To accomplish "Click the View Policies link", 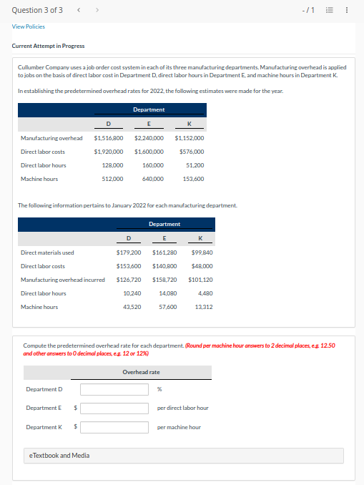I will click(x=29, y=26).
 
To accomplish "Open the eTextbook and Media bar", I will click(x=184, y=456).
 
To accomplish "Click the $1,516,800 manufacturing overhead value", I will click(x=109, y=138).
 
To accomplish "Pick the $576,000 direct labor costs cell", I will click(x=191, y=152).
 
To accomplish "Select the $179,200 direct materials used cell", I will click(x=129, y=253).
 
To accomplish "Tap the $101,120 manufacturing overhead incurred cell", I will click(x=200, y=280).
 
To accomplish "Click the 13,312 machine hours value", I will click(x=203, y=307).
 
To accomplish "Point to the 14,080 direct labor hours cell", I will click(x=167, y=293).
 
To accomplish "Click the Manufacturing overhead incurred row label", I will click(x=63, y=280).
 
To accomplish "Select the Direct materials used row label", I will click(x=47, y=253).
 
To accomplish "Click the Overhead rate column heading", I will click(x=141, y=372).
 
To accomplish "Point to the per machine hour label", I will click(x=179, y=427).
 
